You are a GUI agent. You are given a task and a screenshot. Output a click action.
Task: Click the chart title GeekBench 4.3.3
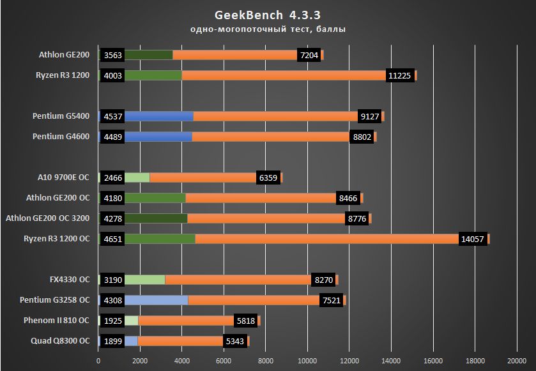click(268, 15)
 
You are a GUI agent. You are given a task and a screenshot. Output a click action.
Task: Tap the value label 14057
click(473, 239)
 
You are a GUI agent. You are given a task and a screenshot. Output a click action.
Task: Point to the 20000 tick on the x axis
click(517, 361)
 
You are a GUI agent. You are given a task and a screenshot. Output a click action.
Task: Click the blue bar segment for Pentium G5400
click(159, 116)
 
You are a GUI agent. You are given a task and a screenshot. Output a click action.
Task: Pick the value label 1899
click(112, 341)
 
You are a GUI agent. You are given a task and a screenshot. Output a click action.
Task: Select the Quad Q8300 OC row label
click(60, 341)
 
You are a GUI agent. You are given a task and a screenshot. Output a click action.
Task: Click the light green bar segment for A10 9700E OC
click(137, 178)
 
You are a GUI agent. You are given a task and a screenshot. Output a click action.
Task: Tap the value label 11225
click(401, 75)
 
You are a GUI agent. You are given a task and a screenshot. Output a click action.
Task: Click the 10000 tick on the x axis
click(307, 361)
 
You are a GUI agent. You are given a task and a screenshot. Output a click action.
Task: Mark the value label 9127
click(369, 116)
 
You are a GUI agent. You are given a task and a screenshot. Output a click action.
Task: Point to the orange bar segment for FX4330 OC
click(238, 280)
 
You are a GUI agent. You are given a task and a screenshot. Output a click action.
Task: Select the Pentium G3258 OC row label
click(55, 300)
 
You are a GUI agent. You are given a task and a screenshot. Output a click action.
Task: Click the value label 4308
click(112, 300)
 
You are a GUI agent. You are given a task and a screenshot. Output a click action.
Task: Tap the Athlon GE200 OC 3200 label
click(48, 218)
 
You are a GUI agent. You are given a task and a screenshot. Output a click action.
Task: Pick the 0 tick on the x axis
click(98, 361)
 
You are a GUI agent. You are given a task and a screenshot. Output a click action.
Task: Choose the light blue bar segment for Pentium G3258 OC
click(156, 300)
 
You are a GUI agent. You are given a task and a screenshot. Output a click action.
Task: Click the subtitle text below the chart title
click(268, 29)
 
